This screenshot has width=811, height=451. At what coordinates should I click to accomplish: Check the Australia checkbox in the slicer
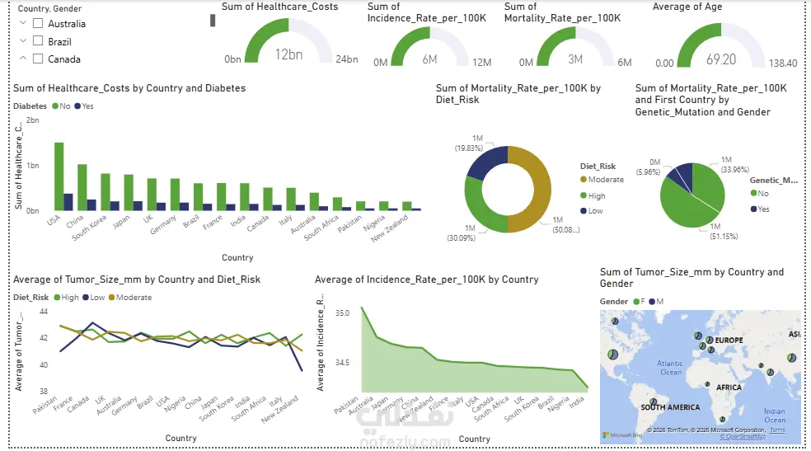tap(38, 24)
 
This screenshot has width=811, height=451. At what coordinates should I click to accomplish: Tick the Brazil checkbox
tap(38, 41)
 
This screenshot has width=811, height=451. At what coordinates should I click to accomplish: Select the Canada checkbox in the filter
tap(38, 59)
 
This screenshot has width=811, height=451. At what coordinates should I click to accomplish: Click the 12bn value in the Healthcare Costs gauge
tap(288, 55)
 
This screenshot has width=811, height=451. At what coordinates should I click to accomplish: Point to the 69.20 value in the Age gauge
tap(721, 59)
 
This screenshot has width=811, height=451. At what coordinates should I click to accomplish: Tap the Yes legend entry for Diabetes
tap(84, 106)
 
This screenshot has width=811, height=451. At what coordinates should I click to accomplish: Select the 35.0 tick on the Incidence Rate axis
tap(342, 313)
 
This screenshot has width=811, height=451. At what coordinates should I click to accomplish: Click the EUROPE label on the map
tap(729, 340)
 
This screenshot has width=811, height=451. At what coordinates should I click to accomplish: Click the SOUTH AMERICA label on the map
tap(671, 407)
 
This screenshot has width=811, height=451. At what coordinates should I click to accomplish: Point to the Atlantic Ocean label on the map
tap(670, 367)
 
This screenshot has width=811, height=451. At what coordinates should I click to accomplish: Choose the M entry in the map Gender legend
tap(657, 302)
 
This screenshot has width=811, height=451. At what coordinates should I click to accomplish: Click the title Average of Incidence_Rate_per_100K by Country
tap(427, 280)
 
